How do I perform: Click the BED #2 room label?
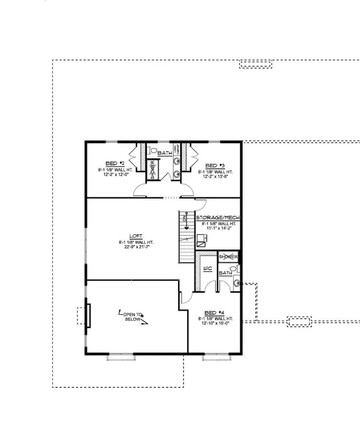point(112,163)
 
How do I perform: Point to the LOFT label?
point(136,236)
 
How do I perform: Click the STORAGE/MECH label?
point(218,218)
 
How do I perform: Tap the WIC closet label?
point(207,268)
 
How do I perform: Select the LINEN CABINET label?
point(177,151)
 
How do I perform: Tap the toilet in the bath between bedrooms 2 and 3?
point(153,150)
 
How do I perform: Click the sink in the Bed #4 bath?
point(237,282)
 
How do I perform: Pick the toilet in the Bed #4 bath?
point(238,269)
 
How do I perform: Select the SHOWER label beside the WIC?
point(228,257)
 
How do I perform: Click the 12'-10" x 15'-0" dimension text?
point(215,324)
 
